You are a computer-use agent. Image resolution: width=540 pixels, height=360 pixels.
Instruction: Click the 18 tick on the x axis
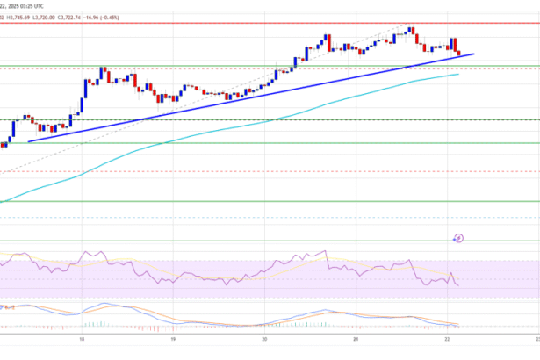coord(82,337)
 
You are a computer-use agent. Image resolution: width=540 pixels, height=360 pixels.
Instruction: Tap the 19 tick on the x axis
coord(173,337)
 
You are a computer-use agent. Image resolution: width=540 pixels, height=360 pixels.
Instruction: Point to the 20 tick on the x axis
coord(264,337)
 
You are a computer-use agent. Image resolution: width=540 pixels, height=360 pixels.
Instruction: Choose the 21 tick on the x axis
coord(356,337)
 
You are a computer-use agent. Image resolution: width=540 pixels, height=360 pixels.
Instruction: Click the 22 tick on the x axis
coord(447,337)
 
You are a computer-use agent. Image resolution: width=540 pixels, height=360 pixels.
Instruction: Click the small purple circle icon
coord(458,237)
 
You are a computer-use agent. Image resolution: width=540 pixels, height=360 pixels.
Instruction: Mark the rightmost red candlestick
coord(457,52)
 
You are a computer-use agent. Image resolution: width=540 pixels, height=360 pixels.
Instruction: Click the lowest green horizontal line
coord(263,240)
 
